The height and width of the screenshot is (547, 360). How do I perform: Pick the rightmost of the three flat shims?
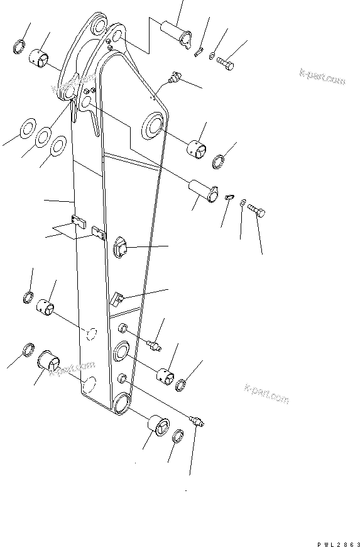[x=58, y=146]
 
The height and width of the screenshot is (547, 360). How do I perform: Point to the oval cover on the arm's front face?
[x=121, y=246]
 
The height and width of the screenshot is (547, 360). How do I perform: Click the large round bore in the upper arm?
[x=153, y=126]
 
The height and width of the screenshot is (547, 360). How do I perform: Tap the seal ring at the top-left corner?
[x=19, y=47]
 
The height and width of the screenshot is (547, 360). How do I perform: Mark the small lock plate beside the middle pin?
[x=229, y=197]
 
